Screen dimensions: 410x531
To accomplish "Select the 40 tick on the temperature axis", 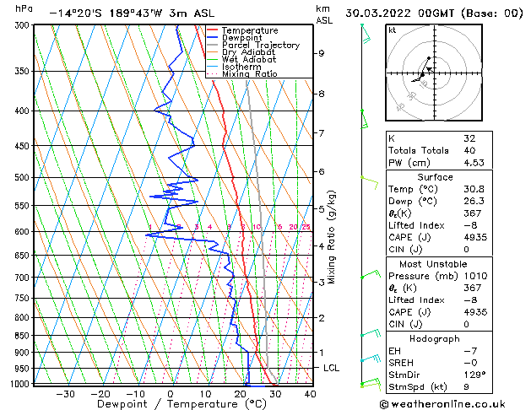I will [x=310, y=394].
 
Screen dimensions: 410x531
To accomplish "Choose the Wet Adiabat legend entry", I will [x=249, y=60].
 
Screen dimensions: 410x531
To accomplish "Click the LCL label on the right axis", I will [x=332, y=369].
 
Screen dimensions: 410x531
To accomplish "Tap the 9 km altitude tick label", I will [x=322, y=53].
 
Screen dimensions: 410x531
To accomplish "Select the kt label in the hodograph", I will [x=393, y=30].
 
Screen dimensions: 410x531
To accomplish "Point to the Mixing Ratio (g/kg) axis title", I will [x=332, y=237].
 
